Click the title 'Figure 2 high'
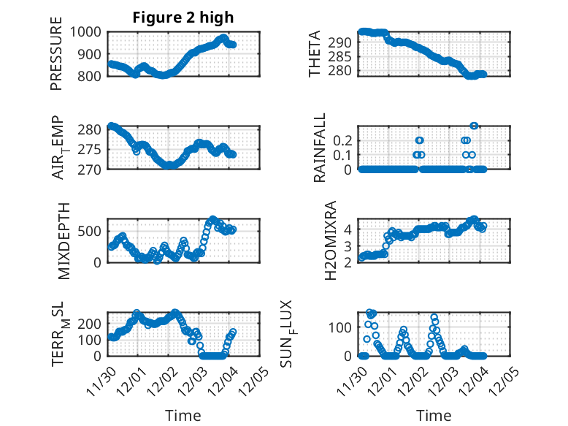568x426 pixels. [x=183, y=18]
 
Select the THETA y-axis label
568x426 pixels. [x=315, y=54]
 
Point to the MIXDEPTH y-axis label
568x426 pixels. [x=63, y=240]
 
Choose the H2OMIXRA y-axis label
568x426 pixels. [x=330, y=240]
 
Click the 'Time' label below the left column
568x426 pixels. [x=183, y=415]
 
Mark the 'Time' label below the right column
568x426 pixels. [x=434, y=415]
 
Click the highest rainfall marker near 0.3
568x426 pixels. [x=474, y=126]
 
